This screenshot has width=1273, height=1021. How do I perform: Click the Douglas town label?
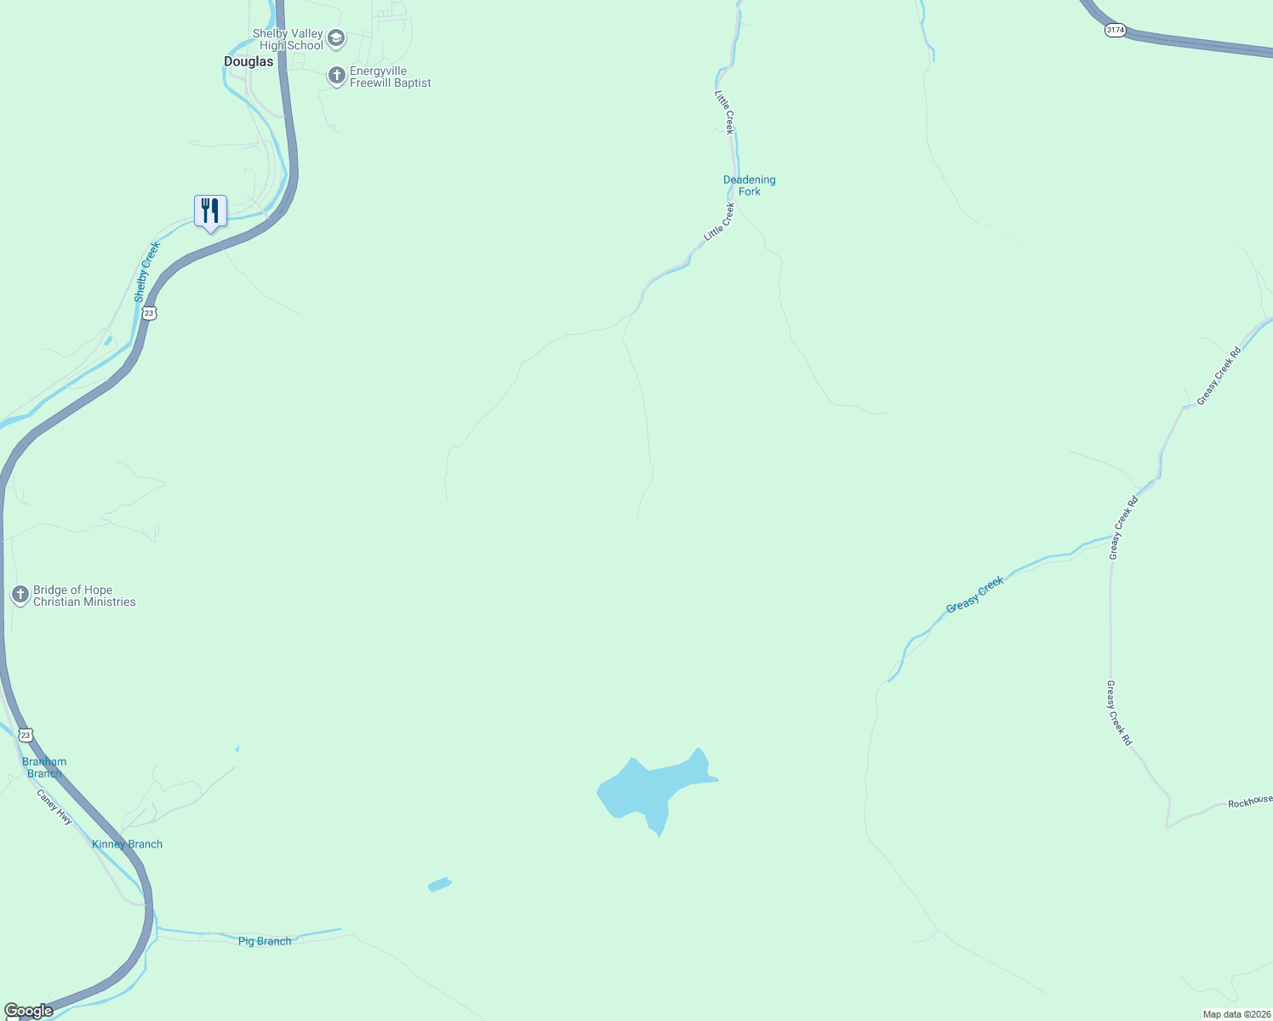click(x=248, y=61)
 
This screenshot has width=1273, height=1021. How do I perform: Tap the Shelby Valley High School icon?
click(x=336, y=38)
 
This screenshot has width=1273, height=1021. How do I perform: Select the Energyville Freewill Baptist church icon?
click(x=336, y=76)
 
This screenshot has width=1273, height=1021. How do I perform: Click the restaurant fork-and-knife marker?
click(x=210, y=211)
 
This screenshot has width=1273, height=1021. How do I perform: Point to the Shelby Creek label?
click(x=147, y=271)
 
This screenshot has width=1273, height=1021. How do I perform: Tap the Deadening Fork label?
click(x=749, y=185)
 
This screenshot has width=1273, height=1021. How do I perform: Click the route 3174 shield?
click(x=1115, y=30)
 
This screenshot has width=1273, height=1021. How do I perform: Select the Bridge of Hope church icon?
click(x=20, y=595)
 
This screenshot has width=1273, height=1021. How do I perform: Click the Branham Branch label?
click(x=44, y=767)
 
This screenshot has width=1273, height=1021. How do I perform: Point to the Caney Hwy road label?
click(x=54, y=807)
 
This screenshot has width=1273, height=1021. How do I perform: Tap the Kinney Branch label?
click(x=127, y=844)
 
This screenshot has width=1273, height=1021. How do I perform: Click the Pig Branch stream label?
click(x=265, y=941)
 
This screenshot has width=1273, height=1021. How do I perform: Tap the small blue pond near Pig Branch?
click(x=439, y=884)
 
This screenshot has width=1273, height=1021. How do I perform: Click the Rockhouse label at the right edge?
click(x=1249, y=801)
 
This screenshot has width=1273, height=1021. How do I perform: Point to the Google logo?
click(x=28, y=1011)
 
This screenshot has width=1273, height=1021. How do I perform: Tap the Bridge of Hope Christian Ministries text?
click(x=84, y=596)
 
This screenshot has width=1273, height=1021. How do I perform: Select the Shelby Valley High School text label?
click(x=289, y=39)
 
